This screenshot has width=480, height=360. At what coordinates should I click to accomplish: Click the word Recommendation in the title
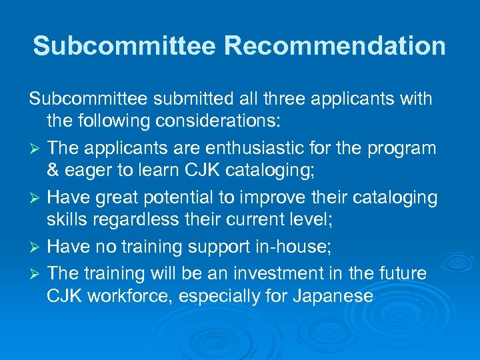pos(335,46)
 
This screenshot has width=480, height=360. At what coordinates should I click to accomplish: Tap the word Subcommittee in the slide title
pos(124,46)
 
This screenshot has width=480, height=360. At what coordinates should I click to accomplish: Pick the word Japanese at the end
pos(333,297)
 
